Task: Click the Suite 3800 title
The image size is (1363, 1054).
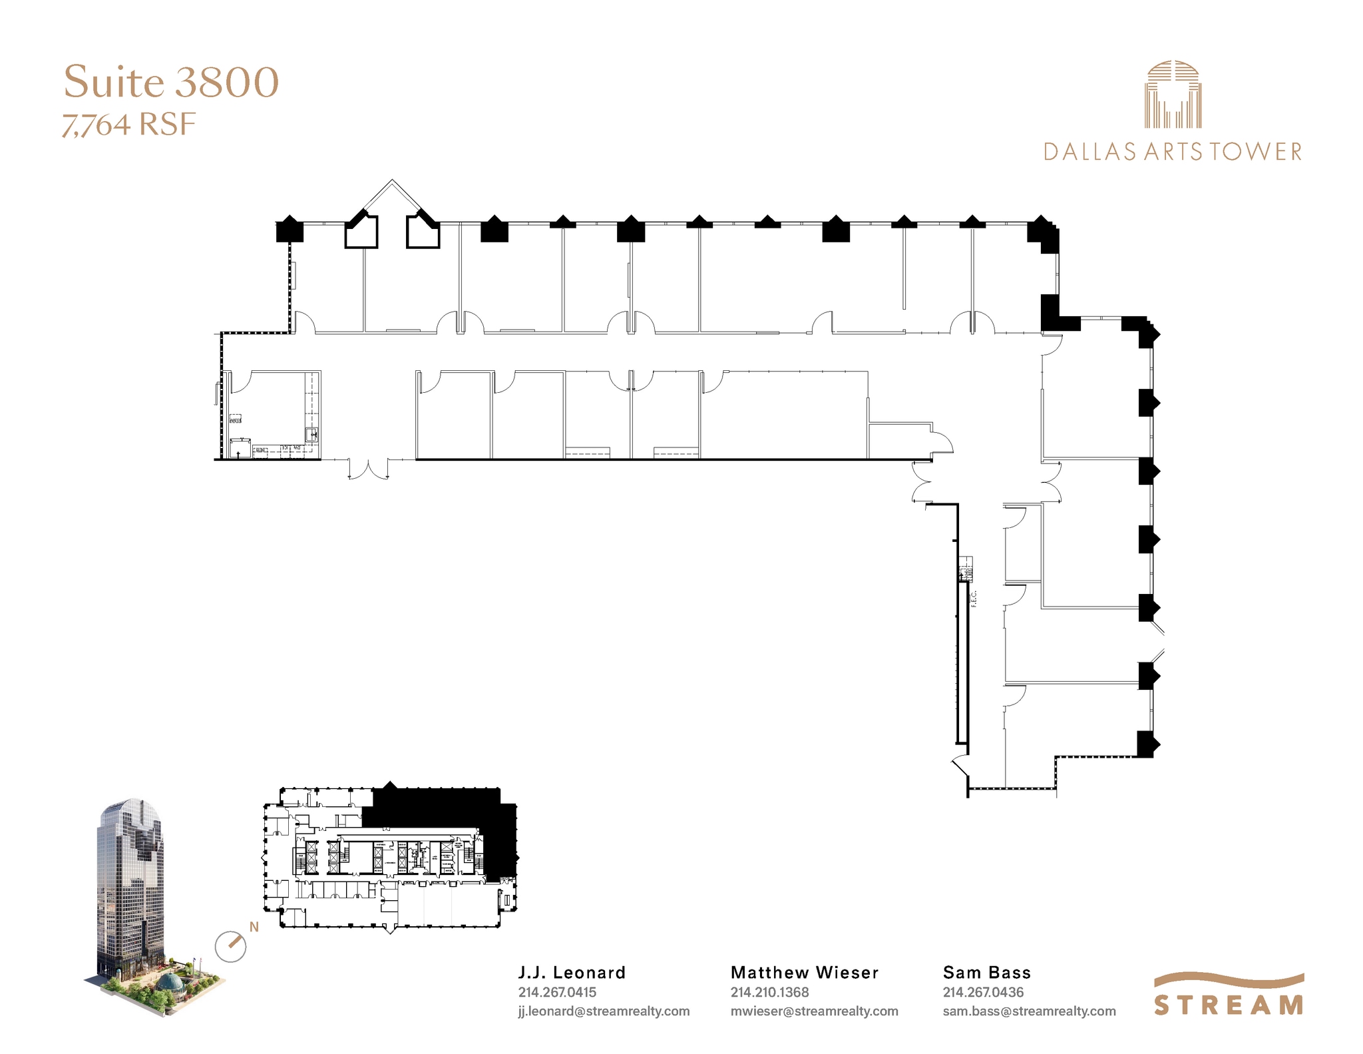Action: pyautogui.click(x=171, y=82)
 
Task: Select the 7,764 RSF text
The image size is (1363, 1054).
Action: pyautogui.click(x=129, y=125)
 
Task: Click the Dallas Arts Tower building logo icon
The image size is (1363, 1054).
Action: pyautogui.click(x=1173, y=95)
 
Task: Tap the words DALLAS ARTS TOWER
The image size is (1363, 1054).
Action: pyautogui.click(x=1172, y=152)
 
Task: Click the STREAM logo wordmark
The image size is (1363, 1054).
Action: pyautogui.click(x=1229, y=1003)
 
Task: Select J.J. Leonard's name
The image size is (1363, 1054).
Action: pyautogui.click(x=572, y=972)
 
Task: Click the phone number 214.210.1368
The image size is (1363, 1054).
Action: pyautogui.click(x=769, y=992)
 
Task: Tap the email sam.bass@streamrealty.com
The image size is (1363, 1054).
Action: pyautogui.click(x=1029, y=1011)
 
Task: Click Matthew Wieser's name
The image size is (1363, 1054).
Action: pyautogui.click(x=805, y=972)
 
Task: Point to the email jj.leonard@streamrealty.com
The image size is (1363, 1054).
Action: pyautogui.click(x=604, y=1011)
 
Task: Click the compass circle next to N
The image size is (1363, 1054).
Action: pyautogui.click(x=230, y=946)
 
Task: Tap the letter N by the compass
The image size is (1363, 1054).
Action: pyautogui.click(x=254, y=927)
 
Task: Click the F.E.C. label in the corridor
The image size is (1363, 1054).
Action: pyautogui.click(x=974, y=597)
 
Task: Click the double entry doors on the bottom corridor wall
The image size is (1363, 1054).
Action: pyautogui.click(x=368, y=468)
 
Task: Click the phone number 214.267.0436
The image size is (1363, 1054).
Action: pyautogui.click(x=982, y=992)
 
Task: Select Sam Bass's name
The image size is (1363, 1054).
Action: pyautogui.click(x=986, y=972)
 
